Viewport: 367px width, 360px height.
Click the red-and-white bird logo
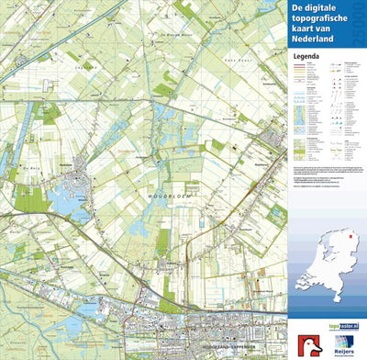[306, 339]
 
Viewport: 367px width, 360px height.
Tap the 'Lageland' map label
[87, 67]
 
